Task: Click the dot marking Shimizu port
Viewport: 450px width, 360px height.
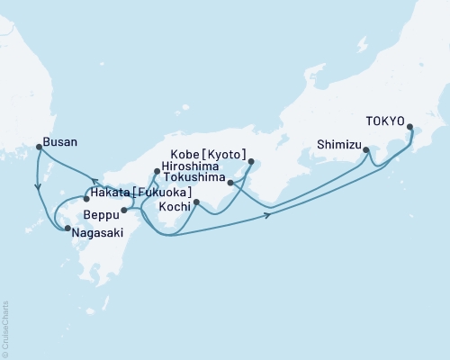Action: click(x=365, y=150)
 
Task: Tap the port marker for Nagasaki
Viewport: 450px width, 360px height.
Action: click(x=67, y=229)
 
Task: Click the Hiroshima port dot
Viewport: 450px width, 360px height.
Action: click(x=157, y=171)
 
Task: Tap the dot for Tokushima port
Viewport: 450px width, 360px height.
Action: click(x=231, y=183)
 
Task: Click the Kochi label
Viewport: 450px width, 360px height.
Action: click(x=175, y=207)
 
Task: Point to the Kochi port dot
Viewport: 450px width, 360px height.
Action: click(x=195, y=202)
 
